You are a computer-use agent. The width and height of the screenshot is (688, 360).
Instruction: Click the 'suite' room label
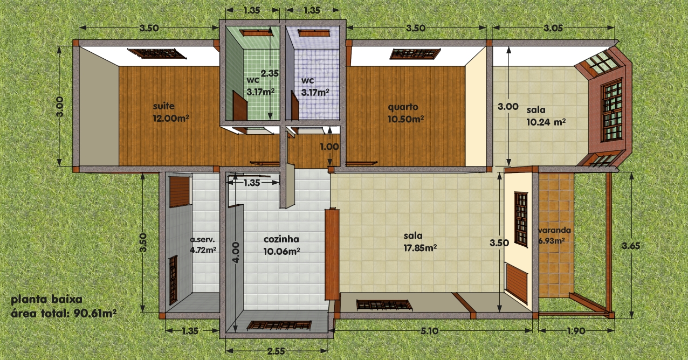(164, 106)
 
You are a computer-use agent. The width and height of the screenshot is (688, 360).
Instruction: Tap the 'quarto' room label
(403, 107)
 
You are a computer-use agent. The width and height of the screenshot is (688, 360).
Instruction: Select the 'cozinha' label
(281, 239)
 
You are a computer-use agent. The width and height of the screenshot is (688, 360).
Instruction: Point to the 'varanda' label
(555, 230)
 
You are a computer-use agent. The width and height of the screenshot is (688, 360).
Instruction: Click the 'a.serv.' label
(202, 239)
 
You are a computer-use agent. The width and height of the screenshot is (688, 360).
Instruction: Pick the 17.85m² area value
(420, 248)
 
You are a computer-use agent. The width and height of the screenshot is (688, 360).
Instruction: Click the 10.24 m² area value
(546, 122)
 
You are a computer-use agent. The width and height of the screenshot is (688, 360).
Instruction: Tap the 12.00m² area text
(171, 118)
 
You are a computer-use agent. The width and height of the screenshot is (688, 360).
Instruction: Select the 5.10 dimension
(429, 331)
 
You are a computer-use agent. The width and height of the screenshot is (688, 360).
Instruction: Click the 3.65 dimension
(631, 246)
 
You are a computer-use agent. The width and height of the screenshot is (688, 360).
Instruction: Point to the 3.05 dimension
(553, 28)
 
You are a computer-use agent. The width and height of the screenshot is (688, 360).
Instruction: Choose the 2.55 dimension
(276, 351)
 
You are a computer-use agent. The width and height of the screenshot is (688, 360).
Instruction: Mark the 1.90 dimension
(576, 331)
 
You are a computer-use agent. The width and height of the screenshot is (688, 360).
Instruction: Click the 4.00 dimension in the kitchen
(236, 252)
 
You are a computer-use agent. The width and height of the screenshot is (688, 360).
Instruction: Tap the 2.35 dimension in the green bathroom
(270, 73)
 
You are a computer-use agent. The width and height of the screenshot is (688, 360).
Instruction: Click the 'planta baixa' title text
(46, 300)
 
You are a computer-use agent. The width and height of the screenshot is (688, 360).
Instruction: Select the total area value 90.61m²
(95, 313)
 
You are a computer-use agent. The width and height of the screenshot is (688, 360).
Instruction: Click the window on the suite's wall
(157, 53)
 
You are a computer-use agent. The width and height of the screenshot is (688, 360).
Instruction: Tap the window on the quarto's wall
(415, 54)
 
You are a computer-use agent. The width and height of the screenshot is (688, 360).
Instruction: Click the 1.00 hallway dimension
(329, 147)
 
